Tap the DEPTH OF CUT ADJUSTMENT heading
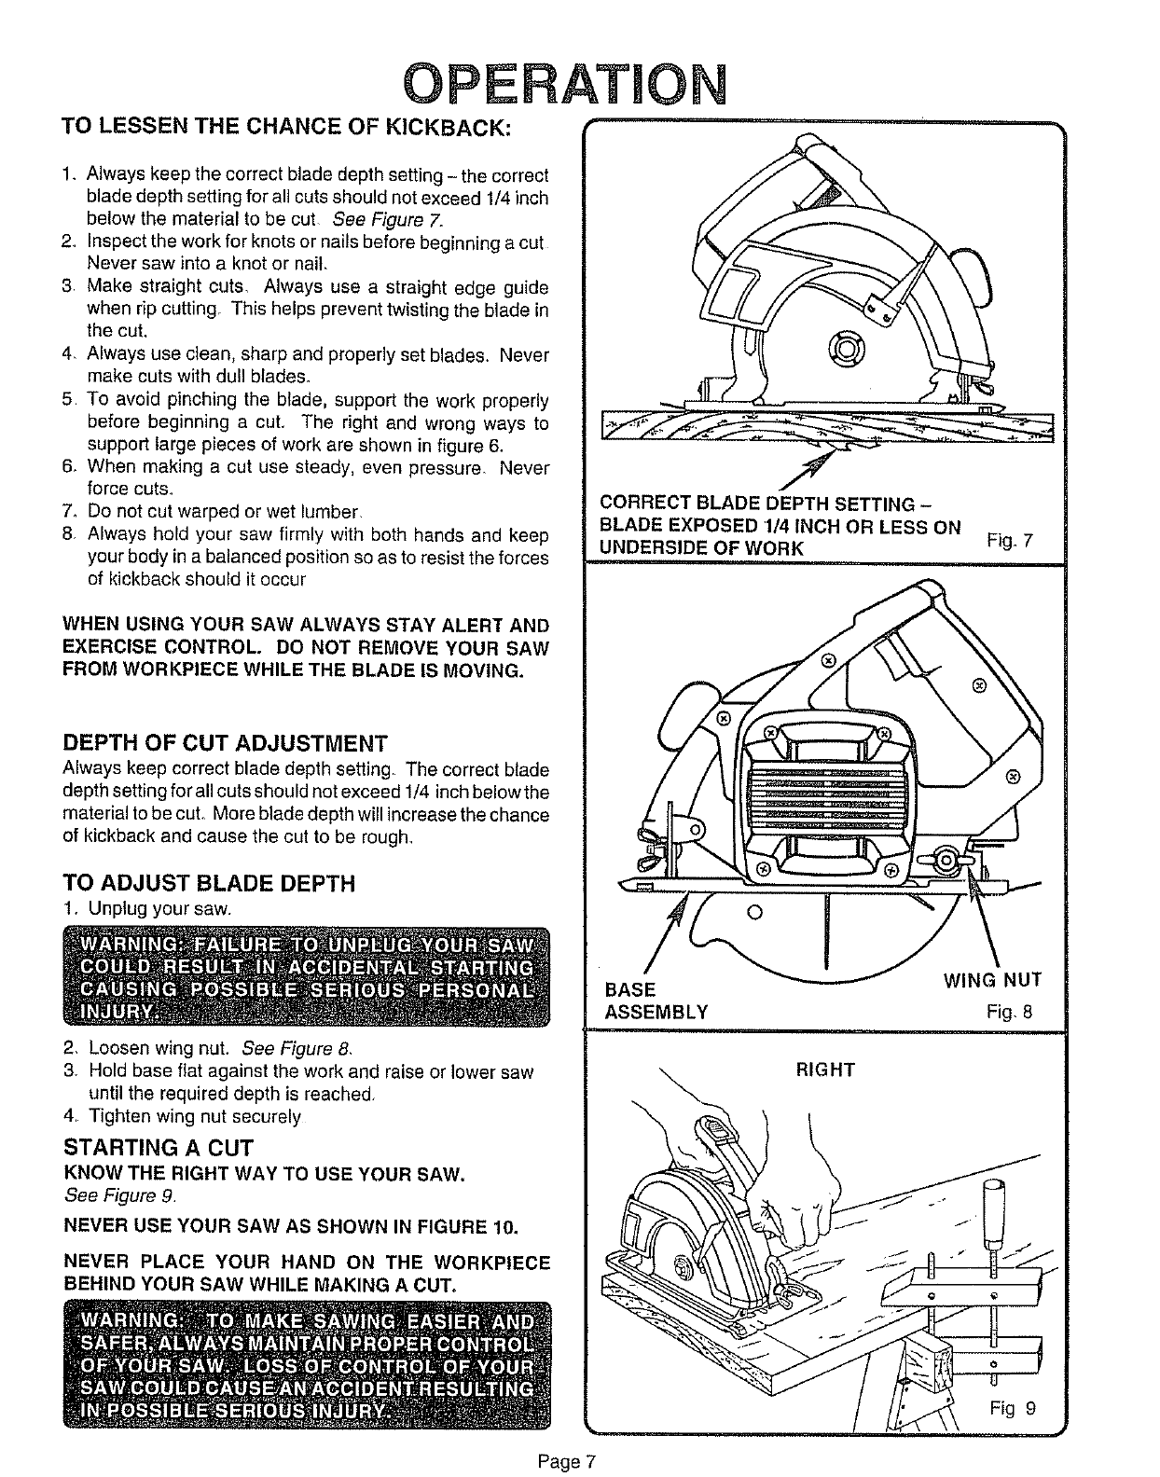225,743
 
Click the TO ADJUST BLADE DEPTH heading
209,883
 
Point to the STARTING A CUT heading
158,1147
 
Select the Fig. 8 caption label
1010,1012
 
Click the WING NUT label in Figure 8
991,980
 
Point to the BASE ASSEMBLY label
656,1001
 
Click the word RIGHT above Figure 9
824,1070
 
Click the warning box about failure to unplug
307,975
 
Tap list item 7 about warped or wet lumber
222,512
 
